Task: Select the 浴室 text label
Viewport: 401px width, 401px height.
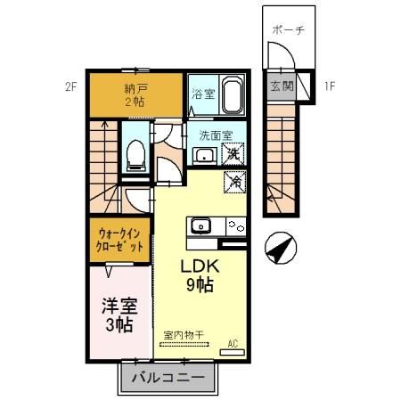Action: (200, 93)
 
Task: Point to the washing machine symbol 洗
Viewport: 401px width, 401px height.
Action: (233, 154)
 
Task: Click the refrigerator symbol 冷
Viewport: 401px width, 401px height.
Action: (236, 181)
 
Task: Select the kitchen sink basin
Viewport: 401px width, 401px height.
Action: (199, 224)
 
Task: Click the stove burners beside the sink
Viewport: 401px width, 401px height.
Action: (233, 225)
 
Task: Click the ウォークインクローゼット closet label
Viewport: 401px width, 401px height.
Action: (121, 241)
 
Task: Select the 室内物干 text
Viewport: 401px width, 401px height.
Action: (183, 335)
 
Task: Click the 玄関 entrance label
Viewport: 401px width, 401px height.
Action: (282, 86)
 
